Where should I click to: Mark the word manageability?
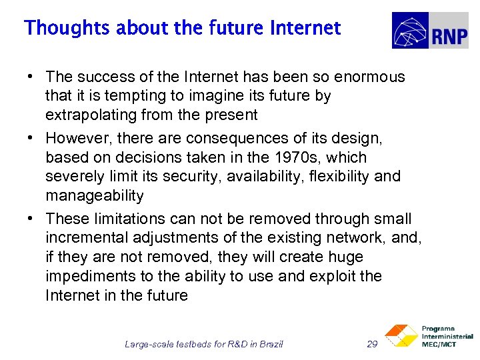[x=94, y=195]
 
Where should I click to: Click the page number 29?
[x=373, y=345]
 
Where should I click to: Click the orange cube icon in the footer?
[x=400, y=335]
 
